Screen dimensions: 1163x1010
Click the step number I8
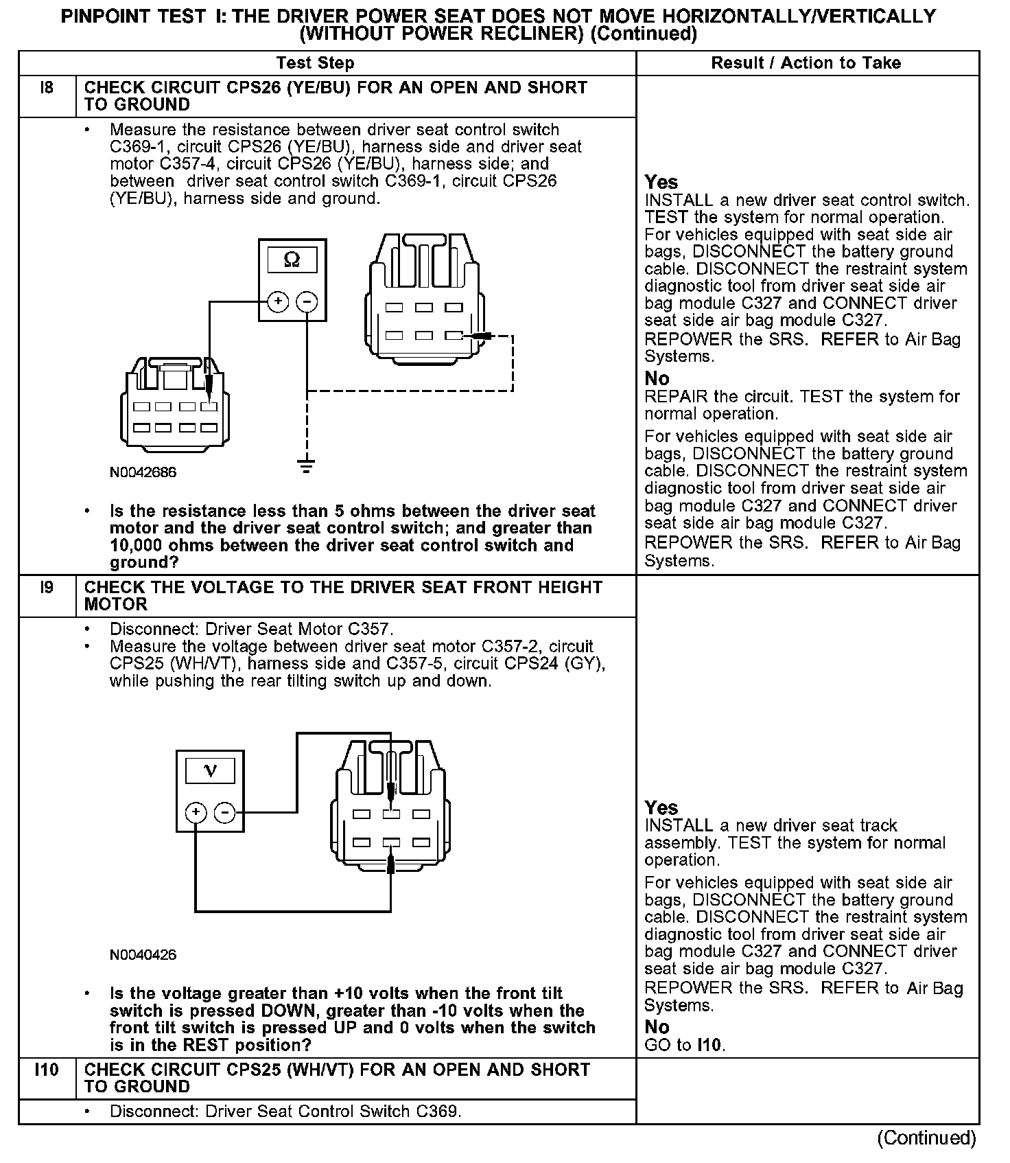click(47, 88)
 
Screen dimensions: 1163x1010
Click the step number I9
click(47, 588)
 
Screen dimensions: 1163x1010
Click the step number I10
click(47, 1070)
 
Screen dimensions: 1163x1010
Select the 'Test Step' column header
click(315, 63)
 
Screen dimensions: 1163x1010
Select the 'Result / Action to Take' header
click(806, 63)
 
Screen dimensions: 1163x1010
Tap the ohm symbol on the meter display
click(292, 260)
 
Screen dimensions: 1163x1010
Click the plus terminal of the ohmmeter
click(278, 301)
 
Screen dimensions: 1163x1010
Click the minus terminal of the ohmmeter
click(307, 301)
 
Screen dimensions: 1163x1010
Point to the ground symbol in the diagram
click(307, 466)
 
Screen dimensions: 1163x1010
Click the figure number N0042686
click(143, 472)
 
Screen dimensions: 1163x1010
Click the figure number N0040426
click(143, 955)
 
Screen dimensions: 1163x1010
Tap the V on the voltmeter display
click(210, 771)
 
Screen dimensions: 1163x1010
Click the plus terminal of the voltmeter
click(196, 813)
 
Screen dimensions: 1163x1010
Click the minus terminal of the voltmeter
click(224, 813)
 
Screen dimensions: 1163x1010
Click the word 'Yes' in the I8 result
click(661, 183)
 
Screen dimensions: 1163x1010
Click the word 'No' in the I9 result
click(657, 1027)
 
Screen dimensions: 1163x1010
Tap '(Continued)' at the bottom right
click(926, 1138)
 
